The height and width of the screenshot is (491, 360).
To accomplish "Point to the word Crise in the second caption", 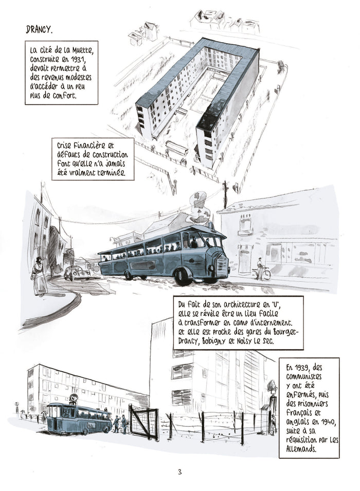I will pyautogui.click(x=67, y=146).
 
